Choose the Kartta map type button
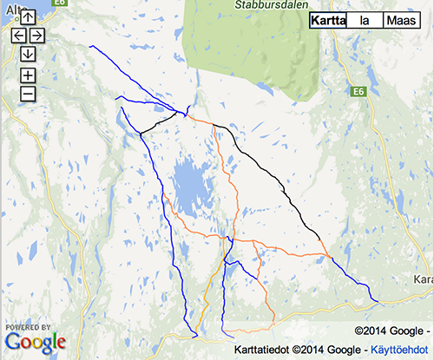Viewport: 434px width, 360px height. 327,21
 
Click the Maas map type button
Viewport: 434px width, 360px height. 400,21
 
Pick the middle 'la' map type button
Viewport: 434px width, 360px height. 365,21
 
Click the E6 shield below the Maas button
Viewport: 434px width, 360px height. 359,90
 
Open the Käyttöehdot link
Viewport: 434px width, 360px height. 400,349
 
